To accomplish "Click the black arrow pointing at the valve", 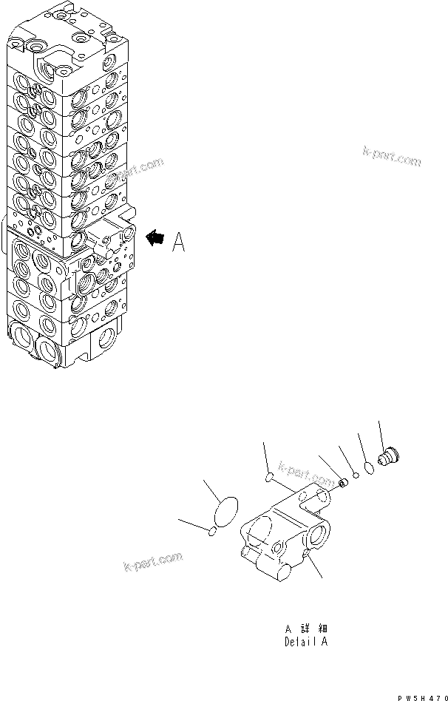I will [x=155, y=238].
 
